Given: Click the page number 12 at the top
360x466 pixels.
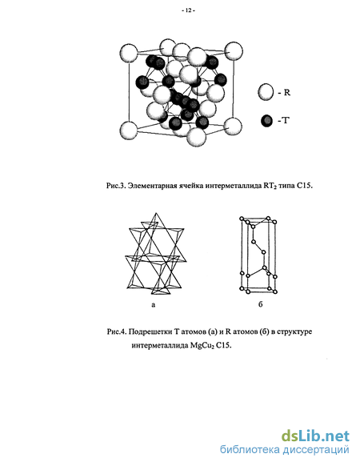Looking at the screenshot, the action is pos(188,10).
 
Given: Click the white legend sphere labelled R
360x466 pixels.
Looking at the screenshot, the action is pos(266,92).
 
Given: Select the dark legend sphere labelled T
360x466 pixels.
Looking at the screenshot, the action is pos(266,121).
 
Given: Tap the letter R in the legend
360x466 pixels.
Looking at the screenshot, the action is pos(287,92).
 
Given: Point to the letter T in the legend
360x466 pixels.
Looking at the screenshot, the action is pos(285,121).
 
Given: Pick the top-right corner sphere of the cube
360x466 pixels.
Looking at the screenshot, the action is pos(234,51).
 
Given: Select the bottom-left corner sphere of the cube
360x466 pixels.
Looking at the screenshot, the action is pos(129,131).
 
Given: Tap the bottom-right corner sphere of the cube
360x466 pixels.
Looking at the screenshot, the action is pos(233,127).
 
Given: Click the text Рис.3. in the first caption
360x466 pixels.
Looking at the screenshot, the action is pos(115,186).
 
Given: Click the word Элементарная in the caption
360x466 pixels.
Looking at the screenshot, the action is pos(150,186).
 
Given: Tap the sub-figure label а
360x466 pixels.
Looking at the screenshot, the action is pos(154,305).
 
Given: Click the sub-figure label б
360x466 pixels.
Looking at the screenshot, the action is pos(260,304).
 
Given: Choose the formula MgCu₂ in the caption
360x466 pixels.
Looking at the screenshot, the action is pos(202,346).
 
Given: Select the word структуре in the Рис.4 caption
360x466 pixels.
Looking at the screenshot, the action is pos(294,331).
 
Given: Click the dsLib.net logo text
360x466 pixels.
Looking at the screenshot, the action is pos(315,436).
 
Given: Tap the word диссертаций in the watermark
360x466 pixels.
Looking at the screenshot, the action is pos(316,450).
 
